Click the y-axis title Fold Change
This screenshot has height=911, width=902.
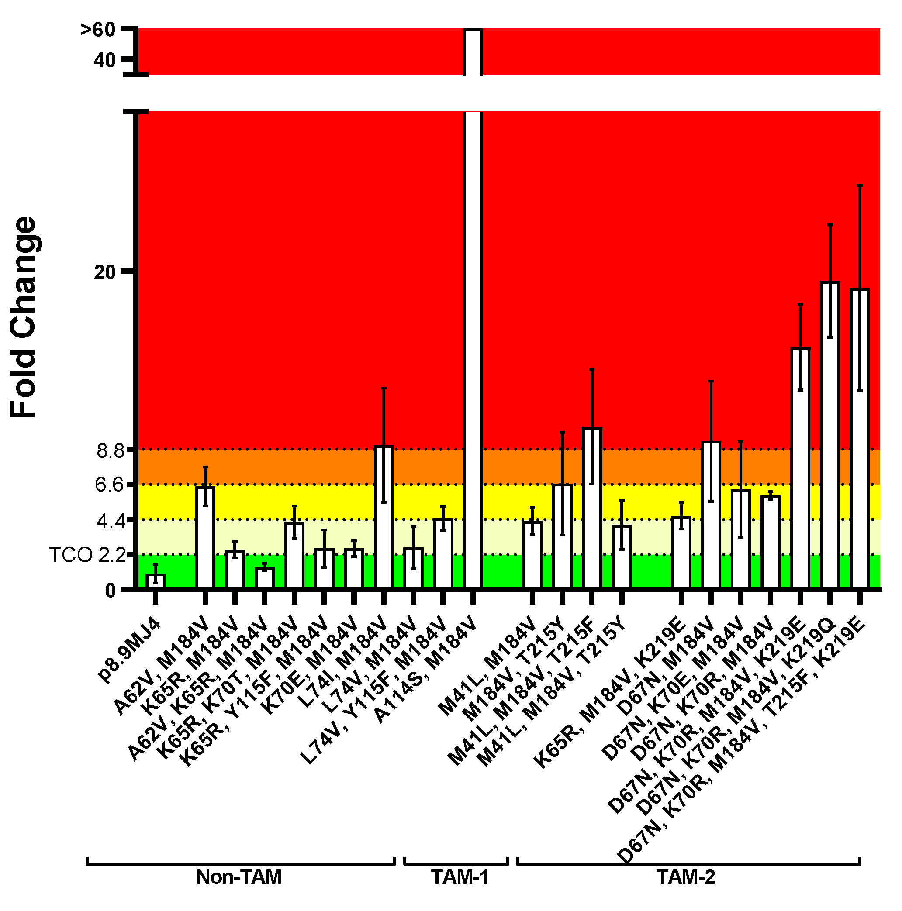point(24,317)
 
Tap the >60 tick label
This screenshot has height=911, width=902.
point(98,30)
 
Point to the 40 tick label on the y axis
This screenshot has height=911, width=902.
point(104,60)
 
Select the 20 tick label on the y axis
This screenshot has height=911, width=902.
point(105,272)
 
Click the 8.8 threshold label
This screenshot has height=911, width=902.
point(110,451)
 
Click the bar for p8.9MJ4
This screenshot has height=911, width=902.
point(155,581)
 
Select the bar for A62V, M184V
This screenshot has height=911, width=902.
point(205,537)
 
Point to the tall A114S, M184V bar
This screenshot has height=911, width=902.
point(473,330)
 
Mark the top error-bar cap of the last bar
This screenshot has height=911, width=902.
point(860,186)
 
